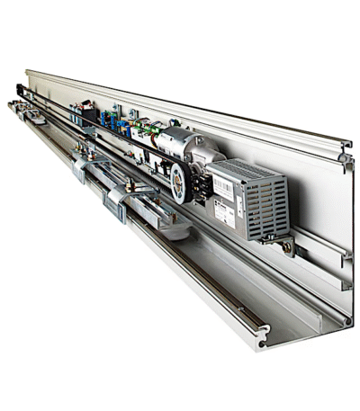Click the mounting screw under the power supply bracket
coord(285,245)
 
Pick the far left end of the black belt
coord(20,88)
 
